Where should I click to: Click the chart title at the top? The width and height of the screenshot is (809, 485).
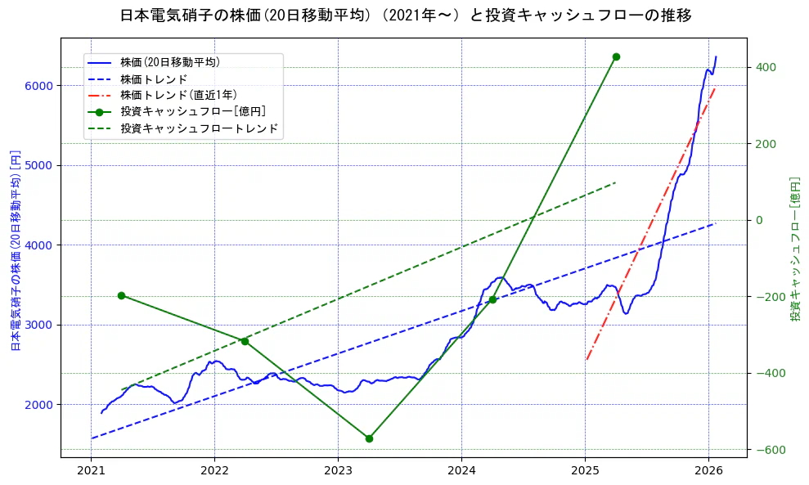pos(405,16)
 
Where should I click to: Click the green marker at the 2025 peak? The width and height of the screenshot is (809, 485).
pos(616,56)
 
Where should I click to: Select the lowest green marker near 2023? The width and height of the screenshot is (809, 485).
pos(369,438)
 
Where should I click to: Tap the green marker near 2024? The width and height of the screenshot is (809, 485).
pos(492,299)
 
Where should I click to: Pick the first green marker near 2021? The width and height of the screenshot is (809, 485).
pos(121,295)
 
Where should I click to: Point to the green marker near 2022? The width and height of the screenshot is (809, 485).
pos(245,341)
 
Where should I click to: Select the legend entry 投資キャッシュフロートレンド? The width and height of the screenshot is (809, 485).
pos(199,128)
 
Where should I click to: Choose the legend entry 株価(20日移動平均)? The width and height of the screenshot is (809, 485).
pos(169,61)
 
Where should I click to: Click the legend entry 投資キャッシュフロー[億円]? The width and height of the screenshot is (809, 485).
pos(192,111)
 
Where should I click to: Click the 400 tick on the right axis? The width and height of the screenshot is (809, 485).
pos(766,67)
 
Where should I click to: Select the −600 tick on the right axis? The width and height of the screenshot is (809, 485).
pos(765,450)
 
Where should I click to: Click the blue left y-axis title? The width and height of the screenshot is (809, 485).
pos(15,249)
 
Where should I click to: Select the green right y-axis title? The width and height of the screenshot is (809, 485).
pos(794,249)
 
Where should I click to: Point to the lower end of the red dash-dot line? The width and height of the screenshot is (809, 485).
pos(587,360)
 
